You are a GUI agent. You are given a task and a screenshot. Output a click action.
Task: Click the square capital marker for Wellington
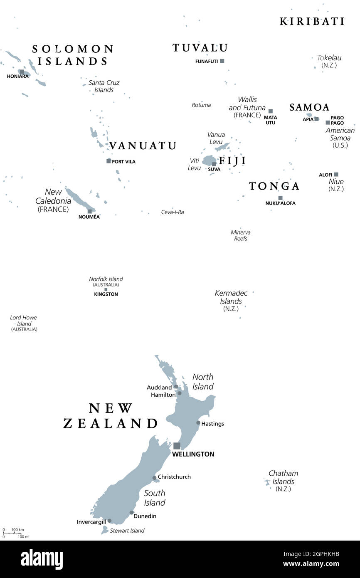[x=177, y=446]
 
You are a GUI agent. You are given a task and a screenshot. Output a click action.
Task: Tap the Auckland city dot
[x=176, y=387]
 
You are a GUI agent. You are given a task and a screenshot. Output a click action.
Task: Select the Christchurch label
[x=174, y=477]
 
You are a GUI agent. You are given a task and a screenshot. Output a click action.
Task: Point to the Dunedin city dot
[x=131, y=513]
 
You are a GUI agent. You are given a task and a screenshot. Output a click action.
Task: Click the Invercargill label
[x=91, y=521]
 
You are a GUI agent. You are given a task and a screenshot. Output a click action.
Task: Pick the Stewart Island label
[x=127, y=531]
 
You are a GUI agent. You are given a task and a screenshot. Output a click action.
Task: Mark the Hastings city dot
[x=198, y=423]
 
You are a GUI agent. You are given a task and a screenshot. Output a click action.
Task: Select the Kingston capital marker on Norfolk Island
[x=106, y=289]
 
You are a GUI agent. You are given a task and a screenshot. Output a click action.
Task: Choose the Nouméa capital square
[x=89, y=211]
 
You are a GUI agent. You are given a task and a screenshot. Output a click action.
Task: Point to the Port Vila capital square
[x=108, y=161]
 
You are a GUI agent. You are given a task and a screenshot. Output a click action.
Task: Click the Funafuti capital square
[x=222, y=61]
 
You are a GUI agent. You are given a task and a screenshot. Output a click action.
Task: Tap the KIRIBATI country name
[x=312, y=21]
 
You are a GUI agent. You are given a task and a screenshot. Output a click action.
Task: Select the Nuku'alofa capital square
[x=280, y=198]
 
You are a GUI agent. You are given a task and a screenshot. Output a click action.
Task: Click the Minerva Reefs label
[x=241, y=235]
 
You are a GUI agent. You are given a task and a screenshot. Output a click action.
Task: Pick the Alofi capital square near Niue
[x=336, y=175]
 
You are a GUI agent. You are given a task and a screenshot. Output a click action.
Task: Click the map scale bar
[x=12, y=533]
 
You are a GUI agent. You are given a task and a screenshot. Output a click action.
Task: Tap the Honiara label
[x=18, y=77]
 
